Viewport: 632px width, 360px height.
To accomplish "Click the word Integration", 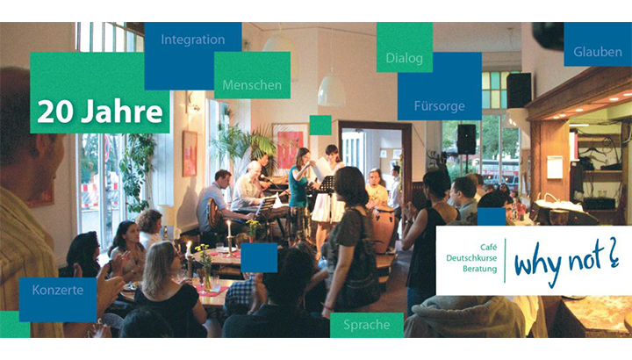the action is coord(192,40).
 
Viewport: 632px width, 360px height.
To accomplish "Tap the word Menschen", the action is coord(252,85).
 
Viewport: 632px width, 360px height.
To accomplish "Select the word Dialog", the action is coord(405,58).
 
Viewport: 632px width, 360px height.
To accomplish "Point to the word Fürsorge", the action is coord(440,106).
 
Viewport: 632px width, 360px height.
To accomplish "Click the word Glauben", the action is coord(598,52).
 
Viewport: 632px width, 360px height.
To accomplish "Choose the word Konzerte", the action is coord(58,290).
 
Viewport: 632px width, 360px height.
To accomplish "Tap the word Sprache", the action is coord(366,325).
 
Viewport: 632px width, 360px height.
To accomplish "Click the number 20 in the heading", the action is coord(54,112).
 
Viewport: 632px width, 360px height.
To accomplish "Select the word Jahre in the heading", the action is coord(122,112).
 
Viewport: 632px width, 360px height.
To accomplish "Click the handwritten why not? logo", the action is coord(566,262).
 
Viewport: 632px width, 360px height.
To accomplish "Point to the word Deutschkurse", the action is coord(471,258).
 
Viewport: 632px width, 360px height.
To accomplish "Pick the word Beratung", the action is coord(479,269).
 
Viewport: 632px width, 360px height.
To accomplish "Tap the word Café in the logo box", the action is coord(489,247).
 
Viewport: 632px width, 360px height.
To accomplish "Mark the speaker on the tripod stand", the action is coord(466,139).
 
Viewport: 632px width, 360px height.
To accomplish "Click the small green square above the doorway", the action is coord(320,125).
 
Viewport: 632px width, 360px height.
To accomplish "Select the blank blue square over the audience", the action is coord(259,257).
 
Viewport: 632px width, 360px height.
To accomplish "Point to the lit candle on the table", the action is coord(229,229).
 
